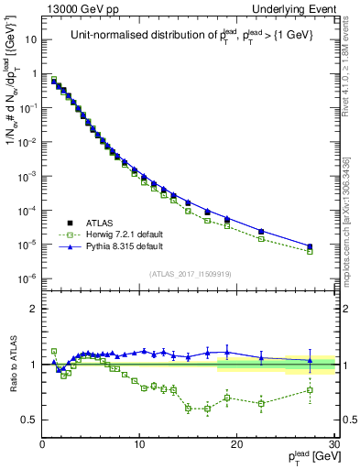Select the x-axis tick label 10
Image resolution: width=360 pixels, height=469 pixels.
click(x=138, y=444)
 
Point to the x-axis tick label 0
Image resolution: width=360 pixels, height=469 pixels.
click(x=42, y=444)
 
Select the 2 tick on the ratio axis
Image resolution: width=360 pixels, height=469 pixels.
click(x=34, y=309)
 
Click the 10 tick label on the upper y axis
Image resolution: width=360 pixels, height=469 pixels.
click(x=30, y=40)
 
